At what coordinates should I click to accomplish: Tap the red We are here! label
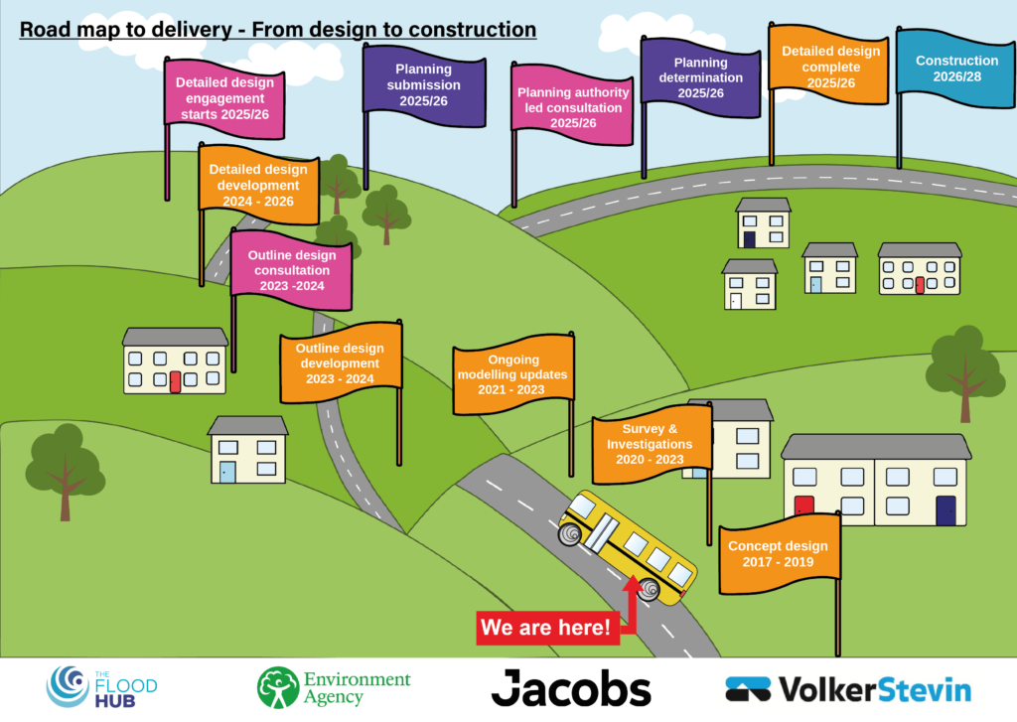point(544,628)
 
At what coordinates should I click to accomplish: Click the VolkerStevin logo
point(848,688)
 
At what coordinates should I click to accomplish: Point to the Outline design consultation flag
point(292,269)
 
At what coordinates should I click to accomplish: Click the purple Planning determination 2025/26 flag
point(700,77)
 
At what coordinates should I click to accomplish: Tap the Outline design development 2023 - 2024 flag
point(341,363)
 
